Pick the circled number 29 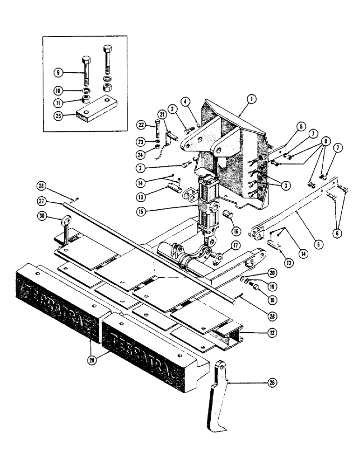coord(92,361)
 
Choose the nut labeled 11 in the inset coord(85,99)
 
